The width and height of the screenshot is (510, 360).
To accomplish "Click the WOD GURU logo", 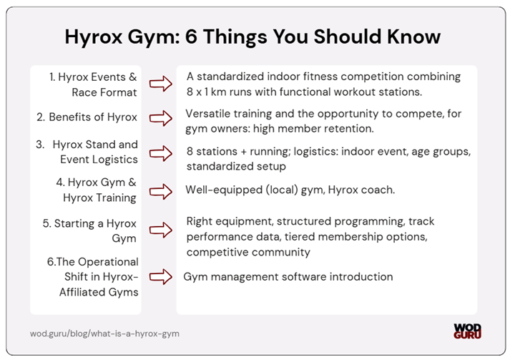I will [x=467, y=331].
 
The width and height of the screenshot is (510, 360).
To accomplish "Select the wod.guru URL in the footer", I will [x=104, y=334].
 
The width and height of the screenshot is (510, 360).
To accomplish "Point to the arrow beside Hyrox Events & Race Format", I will [x=162, y=84].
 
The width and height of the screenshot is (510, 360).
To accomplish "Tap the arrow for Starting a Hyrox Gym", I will [x=162, y=230].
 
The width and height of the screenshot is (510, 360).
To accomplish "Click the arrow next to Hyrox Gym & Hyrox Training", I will [x=162, y=191].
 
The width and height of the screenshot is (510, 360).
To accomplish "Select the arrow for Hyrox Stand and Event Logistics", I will [x=162, y=152].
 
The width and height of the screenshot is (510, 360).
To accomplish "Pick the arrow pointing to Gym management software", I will [x=162, y=277].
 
